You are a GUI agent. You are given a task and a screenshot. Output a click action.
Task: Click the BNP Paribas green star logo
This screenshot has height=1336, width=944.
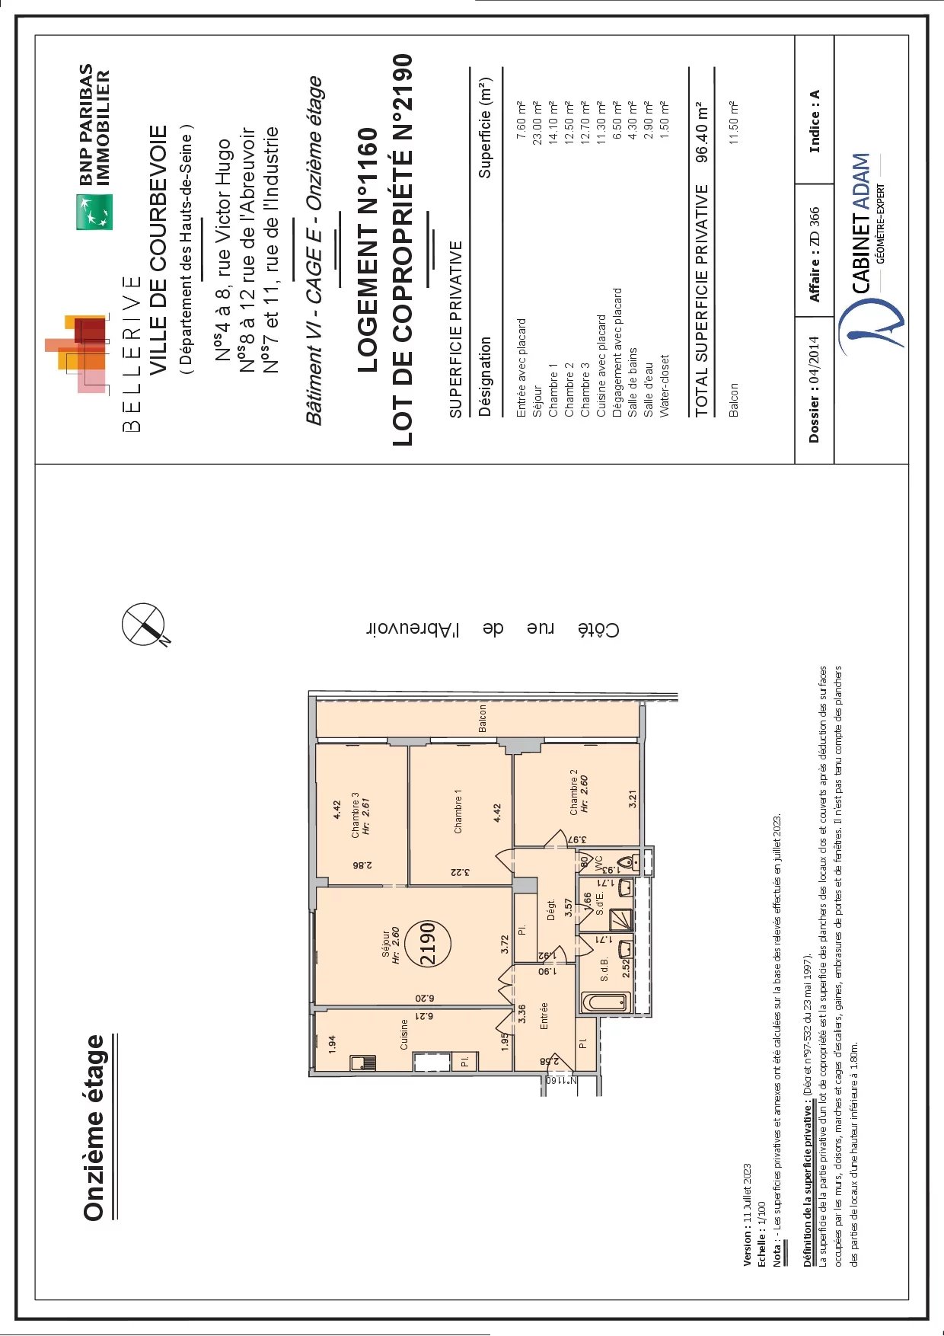click(94, 212)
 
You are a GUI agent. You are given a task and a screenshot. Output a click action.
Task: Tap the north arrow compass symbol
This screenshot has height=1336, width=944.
click(144, 625)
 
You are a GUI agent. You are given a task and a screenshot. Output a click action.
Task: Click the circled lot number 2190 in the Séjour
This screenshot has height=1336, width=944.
click(428, 944)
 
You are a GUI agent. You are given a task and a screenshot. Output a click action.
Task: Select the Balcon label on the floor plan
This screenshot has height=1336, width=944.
click(482, 718)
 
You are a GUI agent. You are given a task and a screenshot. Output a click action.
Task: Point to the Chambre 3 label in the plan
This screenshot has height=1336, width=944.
click(355, 815)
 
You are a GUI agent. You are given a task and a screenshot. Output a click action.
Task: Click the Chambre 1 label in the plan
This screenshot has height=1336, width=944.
click(458, 811)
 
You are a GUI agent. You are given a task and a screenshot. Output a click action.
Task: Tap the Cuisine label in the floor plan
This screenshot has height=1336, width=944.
click(404, 1034)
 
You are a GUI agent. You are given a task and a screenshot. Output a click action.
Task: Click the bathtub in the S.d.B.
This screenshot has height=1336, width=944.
click(605, 1002)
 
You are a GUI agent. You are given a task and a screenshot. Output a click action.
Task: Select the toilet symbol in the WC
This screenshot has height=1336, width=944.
click(627, 862)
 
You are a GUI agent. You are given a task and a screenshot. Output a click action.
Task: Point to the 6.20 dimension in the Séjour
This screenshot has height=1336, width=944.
click(424, 998)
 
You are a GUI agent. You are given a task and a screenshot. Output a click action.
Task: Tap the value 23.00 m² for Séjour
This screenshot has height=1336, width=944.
click(537, 123)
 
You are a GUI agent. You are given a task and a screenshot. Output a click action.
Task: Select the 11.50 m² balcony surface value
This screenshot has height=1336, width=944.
click(734, 123)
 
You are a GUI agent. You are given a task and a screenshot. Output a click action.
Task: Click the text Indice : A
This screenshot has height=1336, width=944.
click(815, 121)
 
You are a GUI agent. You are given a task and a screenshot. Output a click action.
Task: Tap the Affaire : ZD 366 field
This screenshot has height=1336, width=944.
click(815, 254)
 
